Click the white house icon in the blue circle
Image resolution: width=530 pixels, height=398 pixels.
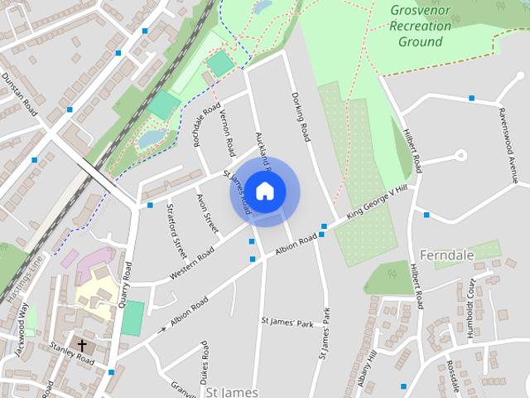tap(264, 191)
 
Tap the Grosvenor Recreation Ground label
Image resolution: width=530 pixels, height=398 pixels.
tap(420, 26)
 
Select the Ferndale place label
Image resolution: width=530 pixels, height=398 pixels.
tap(447, 255)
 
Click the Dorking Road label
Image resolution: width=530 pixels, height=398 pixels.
tap(301, 116)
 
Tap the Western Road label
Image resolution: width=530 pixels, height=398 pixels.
tap(192, 262)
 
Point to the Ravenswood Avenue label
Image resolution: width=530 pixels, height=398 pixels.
tap(507, 144)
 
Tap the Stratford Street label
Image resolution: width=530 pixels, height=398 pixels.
tap(176, 230)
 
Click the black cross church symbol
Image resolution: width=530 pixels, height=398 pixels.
tap(82, 343)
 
